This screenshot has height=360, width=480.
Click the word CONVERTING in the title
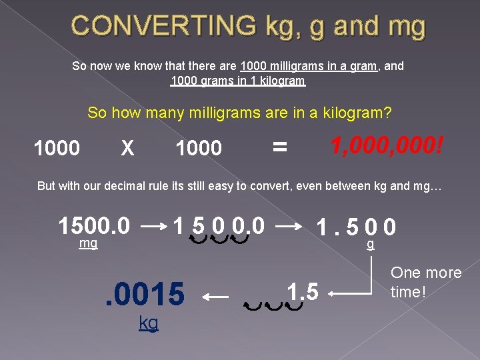[163, 26]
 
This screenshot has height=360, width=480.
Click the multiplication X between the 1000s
[127, 147]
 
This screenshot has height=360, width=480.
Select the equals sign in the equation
[280, 147]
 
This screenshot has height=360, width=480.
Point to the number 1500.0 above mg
[94, 226]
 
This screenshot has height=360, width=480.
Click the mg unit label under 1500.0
[88, 244]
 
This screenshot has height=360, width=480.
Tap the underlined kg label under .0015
[149, 323]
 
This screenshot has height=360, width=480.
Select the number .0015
[145, 295]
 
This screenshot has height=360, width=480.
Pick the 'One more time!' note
[426, 282]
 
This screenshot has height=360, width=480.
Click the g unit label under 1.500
[371, 244]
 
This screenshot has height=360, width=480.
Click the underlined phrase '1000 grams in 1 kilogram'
[238, 81]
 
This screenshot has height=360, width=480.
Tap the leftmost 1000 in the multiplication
[57, 148]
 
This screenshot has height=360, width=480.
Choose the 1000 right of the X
[198, 148]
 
